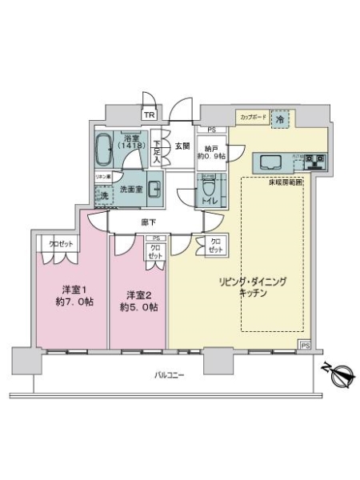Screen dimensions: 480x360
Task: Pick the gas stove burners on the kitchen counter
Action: tap(314, 162)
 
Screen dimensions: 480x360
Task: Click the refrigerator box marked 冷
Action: tap(280, 118)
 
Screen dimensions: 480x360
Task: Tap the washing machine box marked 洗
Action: tap(102, 194)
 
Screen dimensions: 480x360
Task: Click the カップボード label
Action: tap(252, 118)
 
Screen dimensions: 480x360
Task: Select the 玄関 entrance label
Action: tap(182, 146)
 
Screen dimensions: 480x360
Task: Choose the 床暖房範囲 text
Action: tap(285, 182)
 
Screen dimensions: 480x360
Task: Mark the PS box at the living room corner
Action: tap(305, 345)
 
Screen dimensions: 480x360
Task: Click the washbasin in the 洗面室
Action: tap(154, 190)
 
